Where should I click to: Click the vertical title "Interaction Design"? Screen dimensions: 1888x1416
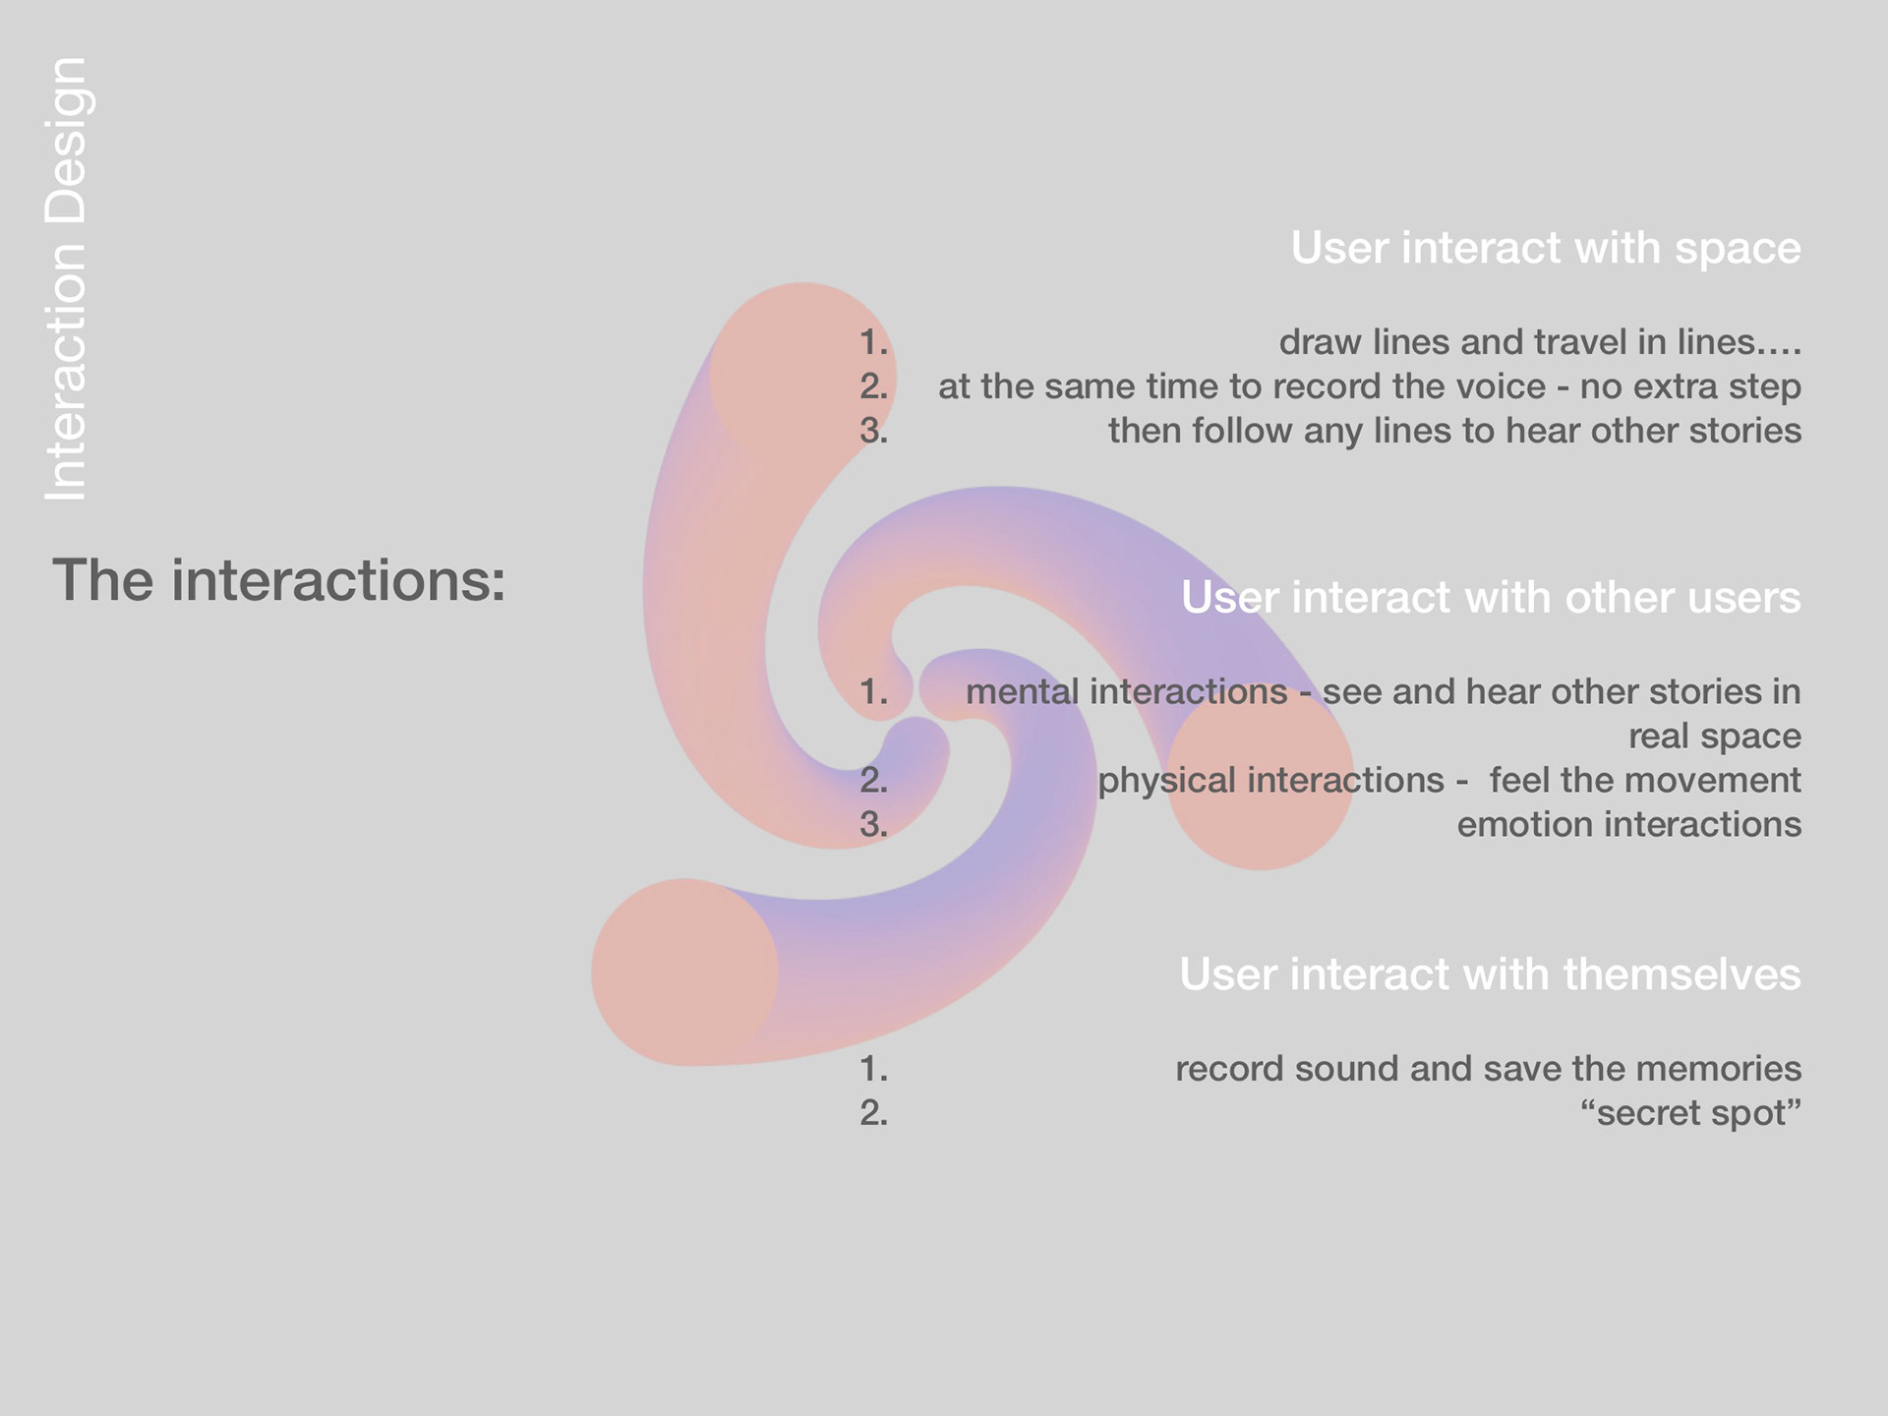click(67, 279)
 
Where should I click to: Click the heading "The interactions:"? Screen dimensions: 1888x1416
click(279, 580)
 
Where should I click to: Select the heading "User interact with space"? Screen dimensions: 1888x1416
click(1546, 248)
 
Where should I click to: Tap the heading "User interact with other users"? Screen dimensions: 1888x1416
click(1491, 597)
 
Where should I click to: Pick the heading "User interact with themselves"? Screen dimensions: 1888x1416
click(1490, 973)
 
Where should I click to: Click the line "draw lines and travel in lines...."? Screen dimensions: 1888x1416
click(1540, 341)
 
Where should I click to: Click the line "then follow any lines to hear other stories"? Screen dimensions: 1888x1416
click(1454, 431)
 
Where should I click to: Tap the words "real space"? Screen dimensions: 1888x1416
click(1715, 736)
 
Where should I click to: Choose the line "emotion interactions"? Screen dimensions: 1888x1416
click(1628, 824)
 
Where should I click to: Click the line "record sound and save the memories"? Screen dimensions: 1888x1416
click(1488, 1068)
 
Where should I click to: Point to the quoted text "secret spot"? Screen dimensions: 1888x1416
click(1690, 1112)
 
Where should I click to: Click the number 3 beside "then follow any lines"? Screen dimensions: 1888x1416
click(873, 431)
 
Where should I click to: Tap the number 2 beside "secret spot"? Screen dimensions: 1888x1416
click(873, 1112)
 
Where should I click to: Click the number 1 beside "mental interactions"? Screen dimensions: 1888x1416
click(873, 691)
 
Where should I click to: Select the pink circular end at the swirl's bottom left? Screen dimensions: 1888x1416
click(685, 973)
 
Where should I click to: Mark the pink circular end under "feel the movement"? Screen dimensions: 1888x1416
click(1260, 776)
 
